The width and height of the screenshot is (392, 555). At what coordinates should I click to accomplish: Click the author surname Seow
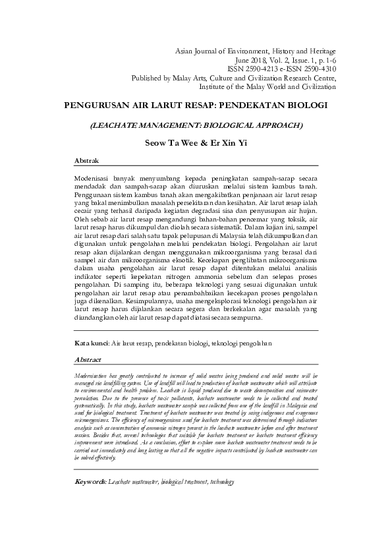point(157,141)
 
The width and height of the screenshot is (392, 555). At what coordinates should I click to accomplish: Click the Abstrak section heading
point(86,161)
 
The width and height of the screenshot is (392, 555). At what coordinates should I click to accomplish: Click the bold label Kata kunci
point(92,343)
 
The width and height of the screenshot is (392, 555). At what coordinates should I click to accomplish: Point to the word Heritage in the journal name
point(319,51)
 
